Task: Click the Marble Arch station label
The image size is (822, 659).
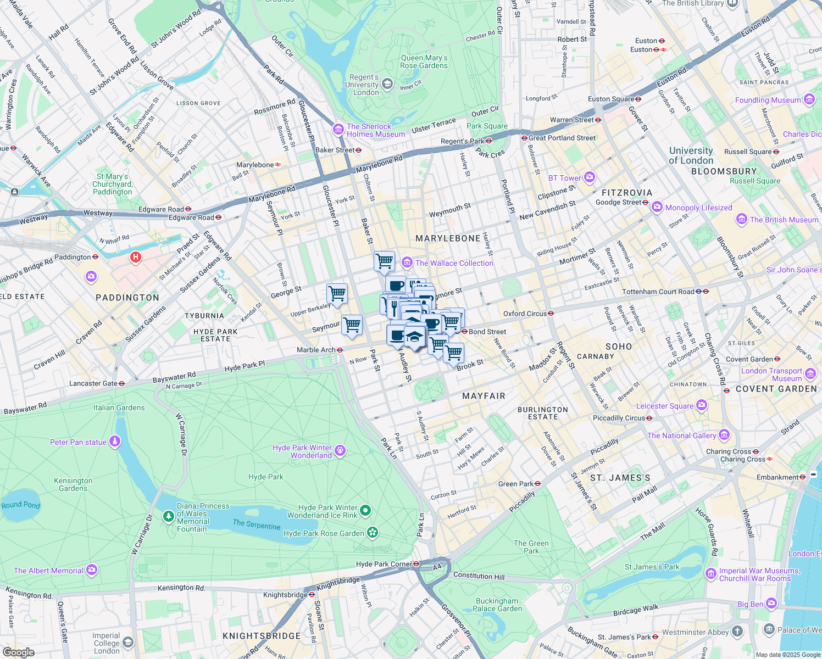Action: (x=316, y=350)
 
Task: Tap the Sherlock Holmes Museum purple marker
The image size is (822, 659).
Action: (x=338, y=130)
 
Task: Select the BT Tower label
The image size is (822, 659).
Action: (x=564, y=178)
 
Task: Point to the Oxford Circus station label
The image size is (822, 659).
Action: (x=525, y=314)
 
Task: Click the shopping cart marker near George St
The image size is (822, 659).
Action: (x=337, y=294)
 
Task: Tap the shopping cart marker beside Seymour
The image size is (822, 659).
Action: (x=352, y=325)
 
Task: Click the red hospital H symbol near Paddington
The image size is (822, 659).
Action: (x=135, y=257)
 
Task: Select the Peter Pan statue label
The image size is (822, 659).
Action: (x=78, y=442)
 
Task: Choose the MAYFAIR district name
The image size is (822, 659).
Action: (x=484, y=396)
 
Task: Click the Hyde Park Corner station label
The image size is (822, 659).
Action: (x=384, y=564)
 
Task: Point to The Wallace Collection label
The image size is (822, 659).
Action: (x=454, y=263)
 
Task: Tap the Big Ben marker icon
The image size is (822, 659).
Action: (x=771, y=604)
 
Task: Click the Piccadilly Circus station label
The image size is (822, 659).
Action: (x=619, y=418)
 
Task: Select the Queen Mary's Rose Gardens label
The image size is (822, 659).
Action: (x=424, y=62)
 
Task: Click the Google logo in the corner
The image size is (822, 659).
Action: (x=18, y=652)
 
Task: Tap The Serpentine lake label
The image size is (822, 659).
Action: (x=257, y=524)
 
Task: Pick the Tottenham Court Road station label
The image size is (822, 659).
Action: (x=658, y=292)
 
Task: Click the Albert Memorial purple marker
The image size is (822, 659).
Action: (x=92, y=570)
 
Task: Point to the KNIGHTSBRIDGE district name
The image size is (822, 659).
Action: (x=262, y=636)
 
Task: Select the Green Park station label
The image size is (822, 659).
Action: (x=515, y=484)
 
